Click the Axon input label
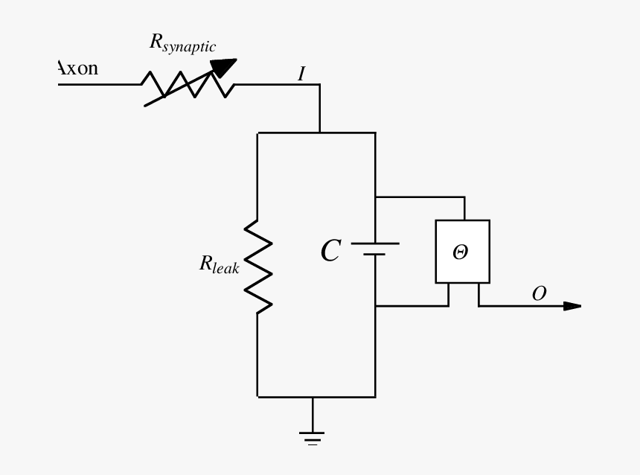(x=77, y=68)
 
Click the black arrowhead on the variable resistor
(x=223, y=67)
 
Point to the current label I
(x=301, y=74)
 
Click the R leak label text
(x=219, y=264)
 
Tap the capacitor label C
(x=330, y=252)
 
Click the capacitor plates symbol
(x=375, y=249)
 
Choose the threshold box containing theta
(x=462, y=252)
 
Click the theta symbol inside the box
(x=461, y=252)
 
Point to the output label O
(x=539, y=294)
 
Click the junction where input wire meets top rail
(x=320, y=133)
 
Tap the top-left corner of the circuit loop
(x=257, y=133)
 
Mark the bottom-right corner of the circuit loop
(x=375, y=397)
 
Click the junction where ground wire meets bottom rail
(x=313, y=397)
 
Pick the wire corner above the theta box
(x=464, y=197)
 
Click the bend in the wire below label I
(x=320, y=85)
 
